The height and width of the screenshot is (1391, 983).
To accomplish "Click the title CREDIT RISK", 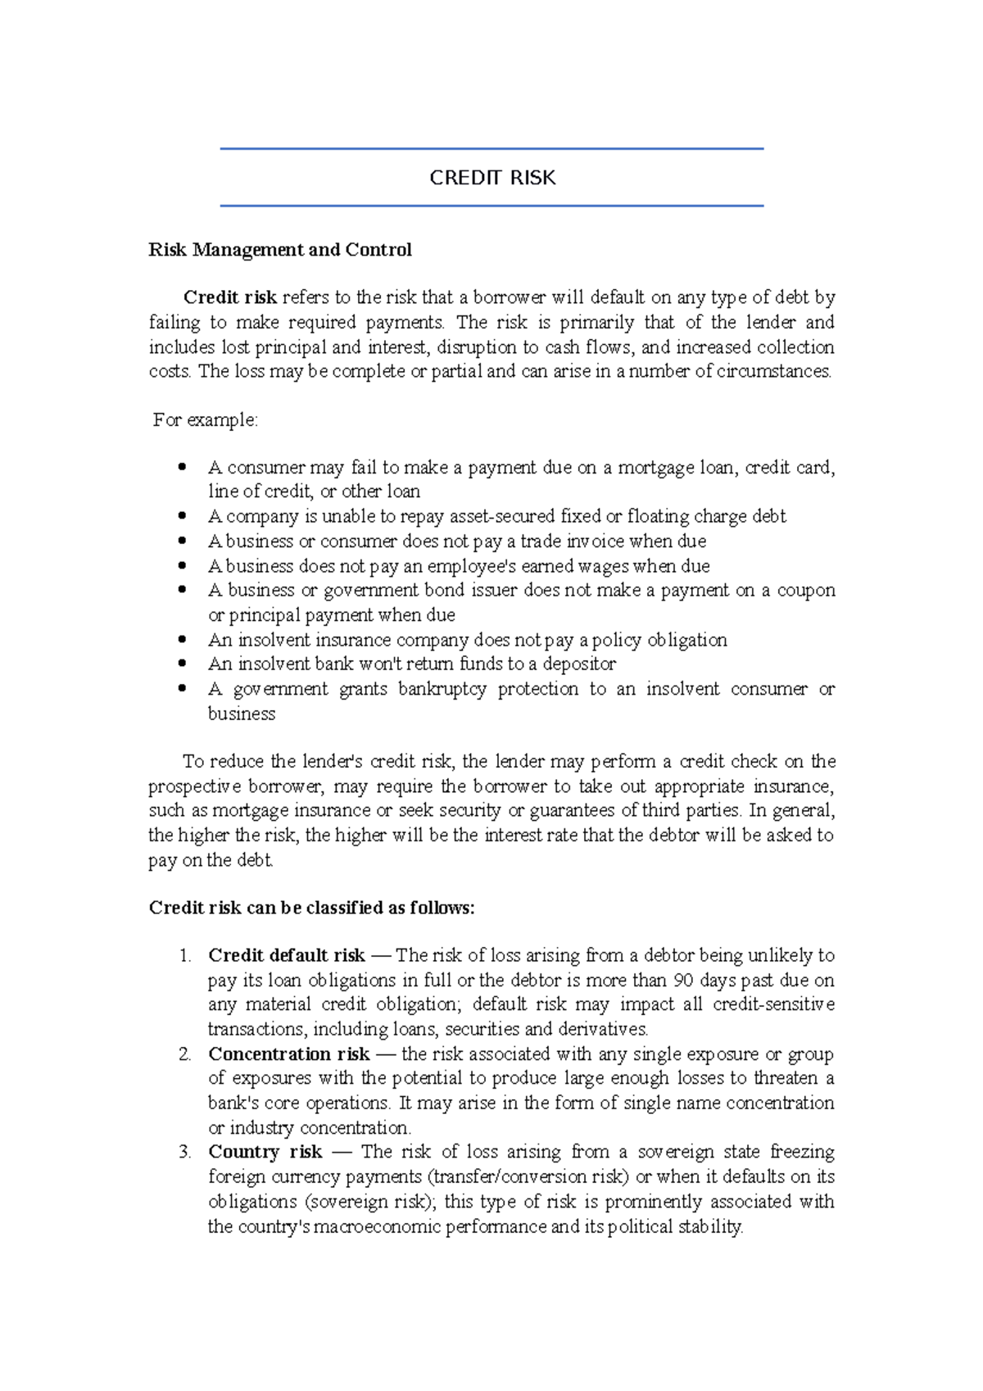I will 492,178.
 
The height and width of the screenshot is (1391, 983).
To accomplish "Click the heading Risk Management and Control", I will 280,250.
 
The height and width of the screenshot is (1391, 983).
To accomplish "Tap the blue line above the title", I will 491,149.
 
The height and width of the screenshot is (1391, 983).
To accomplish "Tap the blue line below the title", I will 491,206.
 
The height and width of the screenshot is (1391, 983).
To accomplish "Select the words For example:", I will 206,420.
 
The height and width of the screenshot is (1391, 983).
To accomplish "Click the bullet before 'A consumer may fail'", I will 183,467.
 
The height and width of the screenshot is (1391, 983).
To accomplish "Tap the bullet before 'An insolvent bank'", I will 183,664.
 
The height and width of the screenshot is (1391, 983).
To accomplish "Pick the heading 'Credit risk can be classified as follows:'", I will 311,908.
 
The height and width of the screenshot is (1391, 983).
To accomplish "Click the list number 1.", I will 184,955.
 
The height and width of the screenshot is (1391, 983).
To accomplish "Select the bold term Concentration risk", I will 288,1053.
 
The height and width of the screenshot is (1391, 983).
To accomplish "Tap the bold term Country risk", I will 265,1152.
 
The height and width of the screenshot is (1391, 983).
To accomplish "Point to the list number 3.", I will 184,1152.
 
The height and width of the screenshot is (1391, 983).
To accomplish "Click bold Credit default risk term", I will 286,955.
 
